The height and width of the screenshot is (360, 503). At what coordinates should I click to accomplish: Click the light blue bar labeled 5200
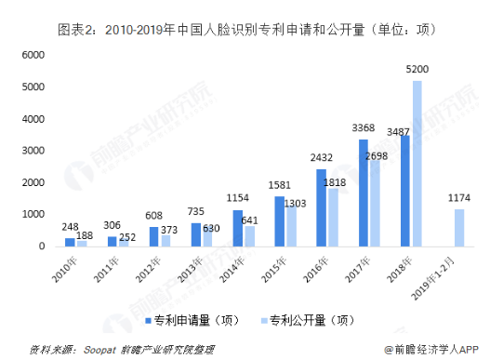tap(417, 164)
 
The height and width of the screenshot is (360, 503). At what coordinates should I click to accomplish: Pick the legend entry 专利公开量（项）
tap(308, 320)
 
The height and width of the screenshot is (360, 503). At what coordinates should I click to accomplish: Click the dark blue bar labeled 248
tap(70, 242)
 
